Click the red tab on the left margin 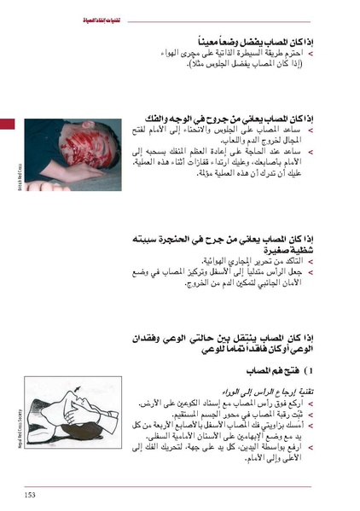(x=7, y=125)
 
